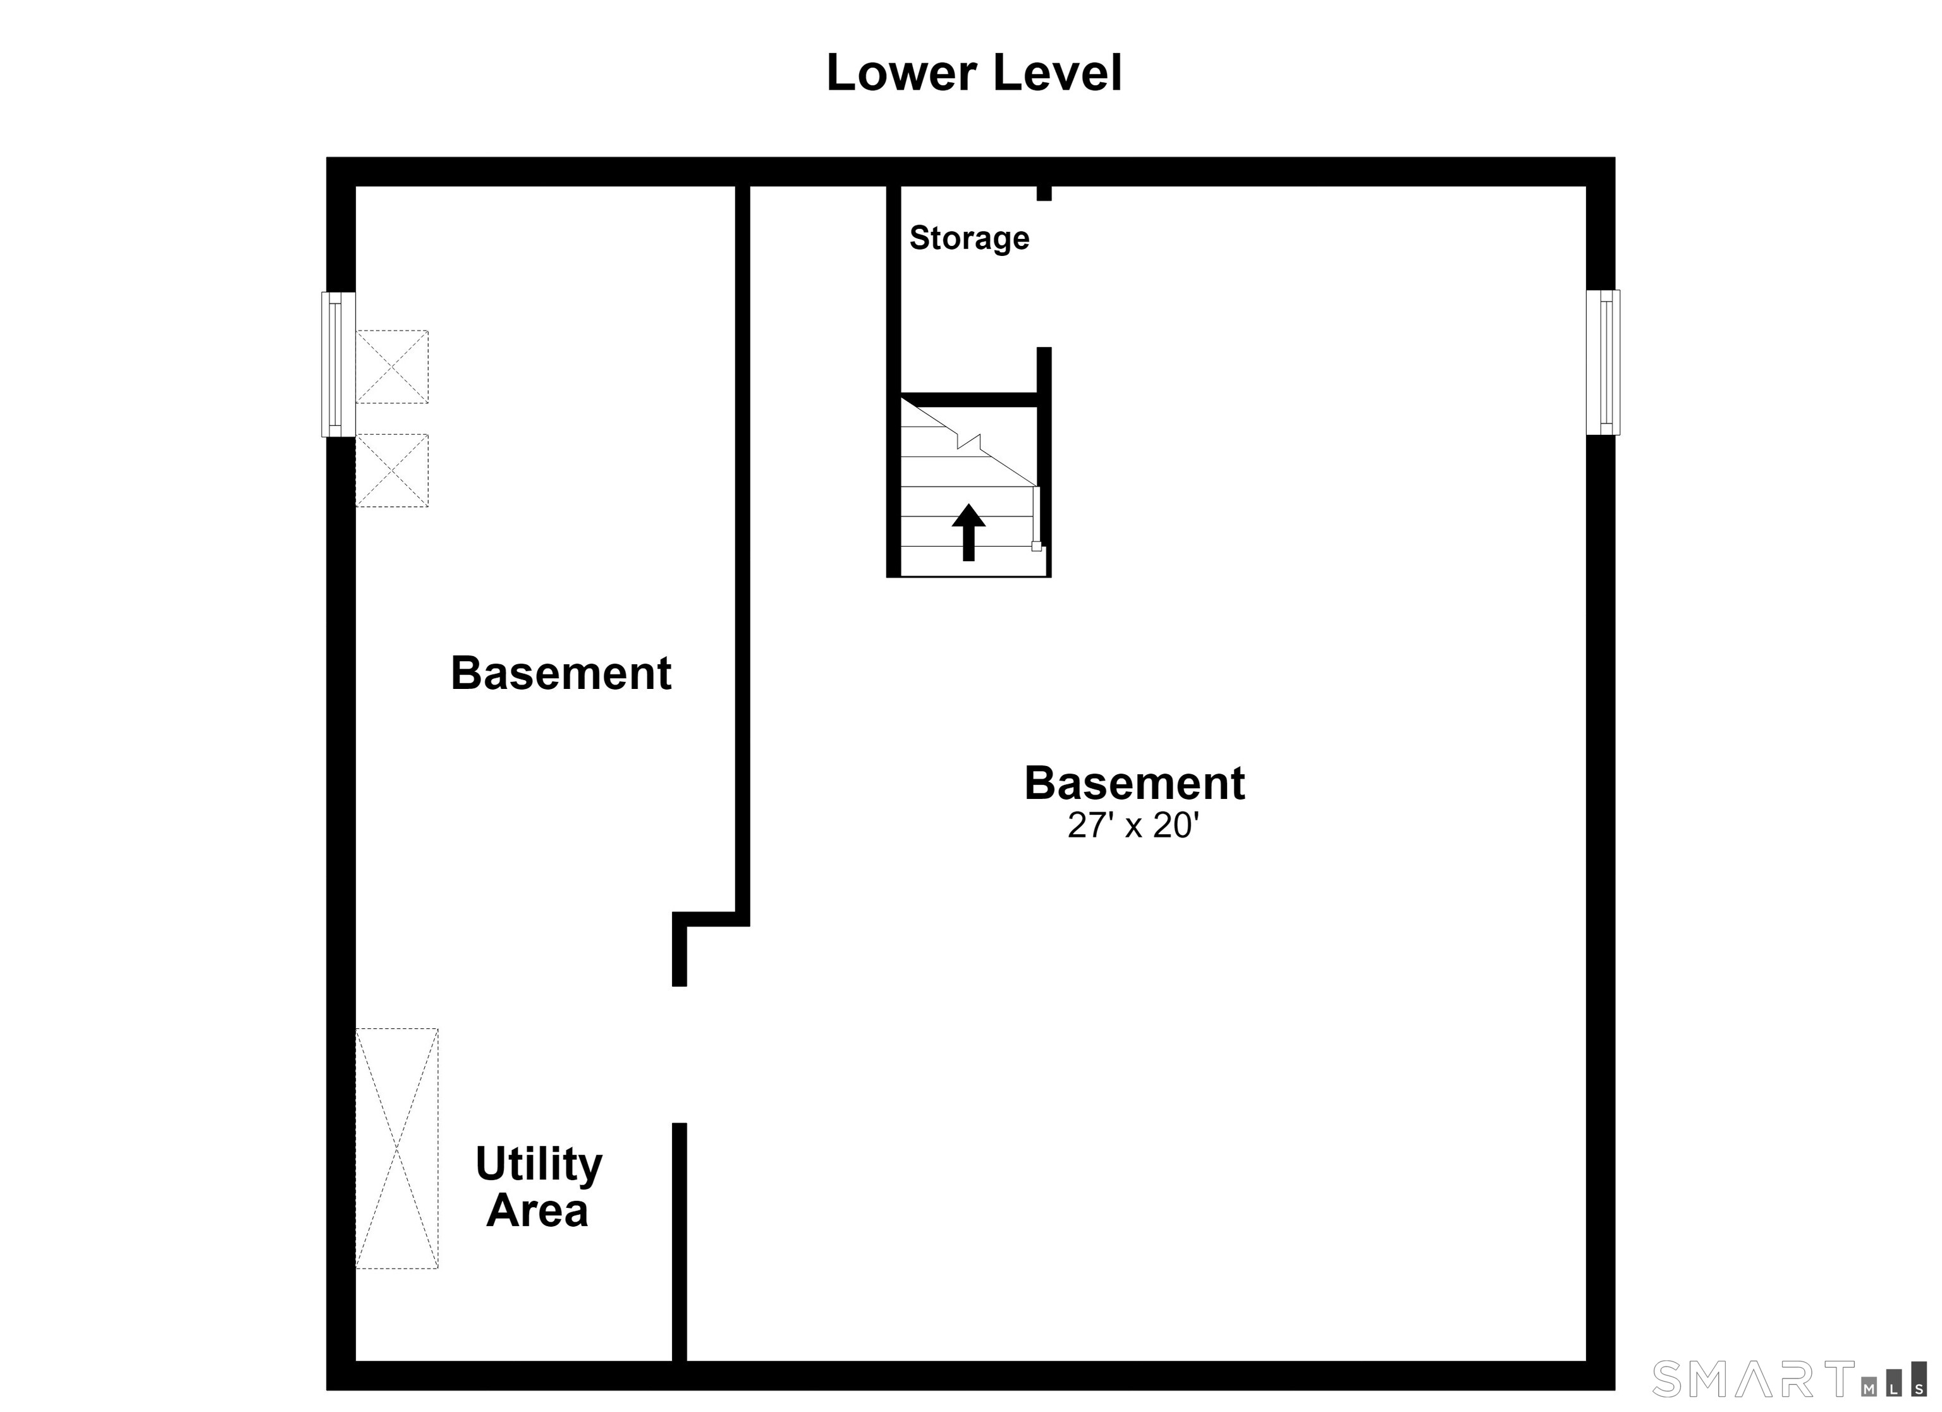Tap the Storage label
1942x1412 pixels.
point(969,238)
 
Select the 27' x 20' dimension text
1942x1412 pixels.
point(1132,825)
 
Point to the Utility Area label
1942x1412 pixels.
point(539,1187)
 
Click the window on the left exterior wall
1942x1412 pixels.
point(338,365)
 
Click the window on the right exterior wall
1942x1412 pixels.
point(1602,362)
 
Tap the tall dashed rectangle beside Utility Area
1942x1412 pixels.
point(396,1148)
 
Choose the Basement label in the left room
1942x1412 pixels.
point(561,673)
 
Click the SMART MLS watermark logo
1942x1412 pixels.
point(1790,1380)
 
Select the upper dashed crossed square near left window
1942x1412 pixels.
point(392,367)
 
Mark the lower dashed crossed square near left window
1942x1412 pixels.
point(392,470)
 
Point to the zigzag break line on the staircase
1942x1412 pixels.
point(968,441)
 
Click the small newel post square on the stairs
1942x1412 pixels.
point(1036,545)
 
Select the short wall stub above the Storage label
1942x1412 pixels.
point(1044,193)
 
